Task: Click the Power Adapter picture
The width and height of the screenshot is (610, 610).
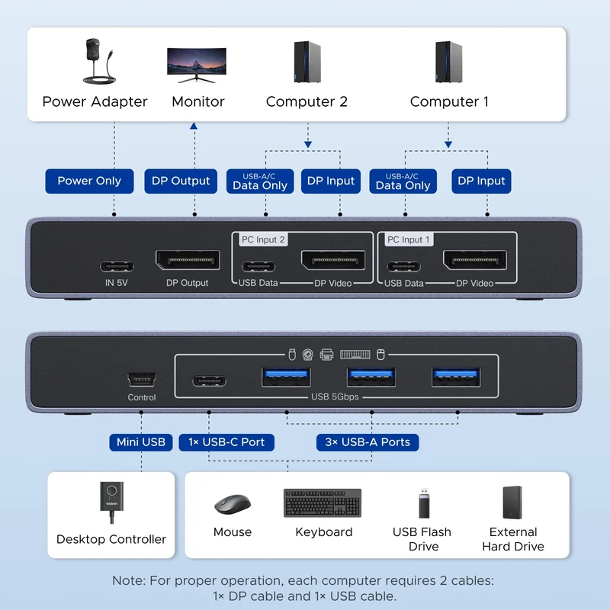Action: [x=99, y=61]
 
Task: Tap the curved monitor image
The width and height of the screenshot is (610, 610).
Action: [x=197, y=65]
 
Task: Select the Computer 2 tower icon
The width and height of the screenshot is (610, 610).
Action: [x=307, y=62]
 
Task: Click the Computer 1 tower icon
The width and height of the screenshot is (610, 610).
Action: [x=448, y=62]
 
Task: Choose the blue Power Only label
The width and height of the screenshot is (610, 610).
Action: [x=89, y=181]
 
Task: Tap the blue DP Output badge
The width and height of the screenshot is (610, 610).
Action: [x=181, y=181]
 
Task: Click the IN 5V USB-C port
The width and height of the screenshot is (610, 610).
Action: [x=117, y=266]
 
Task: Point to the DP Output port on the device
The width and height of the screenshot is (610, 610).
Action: [x=188, y=260]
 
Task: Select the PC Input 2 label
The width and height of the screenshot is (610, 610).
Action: [x=263, y=239]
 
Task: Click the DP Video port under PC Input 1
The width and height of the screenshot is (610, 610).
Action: [x=475, y=260]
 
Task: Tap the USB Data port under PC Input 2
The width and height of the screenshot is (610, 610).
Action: [x=258, y=266]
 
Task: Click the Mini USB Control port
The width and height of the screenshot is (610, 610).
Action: [x=142, y=379]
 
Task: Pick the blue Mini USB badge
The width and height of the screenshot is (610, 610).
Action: [x=141, y=442]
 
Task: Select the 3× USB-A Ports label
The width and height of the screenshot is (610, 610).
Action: [x=368, y=442]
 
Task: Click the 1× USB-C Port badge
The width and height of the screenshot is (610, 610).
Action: [x=226, y=442]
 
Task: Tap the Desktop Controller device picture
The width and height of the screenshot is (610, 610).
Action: [x=111, y=502]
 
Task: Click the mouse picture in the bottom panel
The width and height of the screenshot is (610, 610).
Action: [x=233, y=504]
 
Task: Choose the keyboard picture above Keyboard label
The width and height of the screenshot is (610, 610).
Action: [x=323, y=502]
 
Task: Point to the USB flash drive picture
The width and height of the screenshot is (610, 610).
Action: [x=424, y=503]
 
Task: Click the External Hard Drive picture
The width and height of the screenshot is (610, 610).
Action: [x=512, y=502]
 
